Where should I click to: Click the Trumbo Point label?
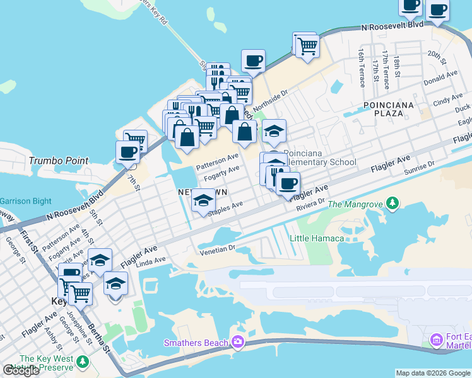click(x=59, y=161)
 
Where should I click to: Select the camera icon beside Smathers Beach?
click(x=237, y=342)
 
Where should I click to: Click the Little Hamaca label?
click(x=317, y=238)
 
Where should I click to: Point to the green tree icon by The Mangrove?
click(x=393, y=203)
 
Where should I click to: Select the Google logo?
click(x=21, y=371)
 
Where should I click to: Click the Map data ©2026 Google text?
click(x=432, y=373)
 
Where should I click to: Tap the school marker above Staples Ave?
click(x=203, y=200)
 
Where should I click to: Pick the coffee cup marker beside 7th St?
click(x=127, y=152)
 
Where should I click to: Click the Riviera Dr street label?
click(x=310, y=203)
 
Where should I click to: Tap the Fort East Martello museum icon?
click(x=436, y=340)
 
